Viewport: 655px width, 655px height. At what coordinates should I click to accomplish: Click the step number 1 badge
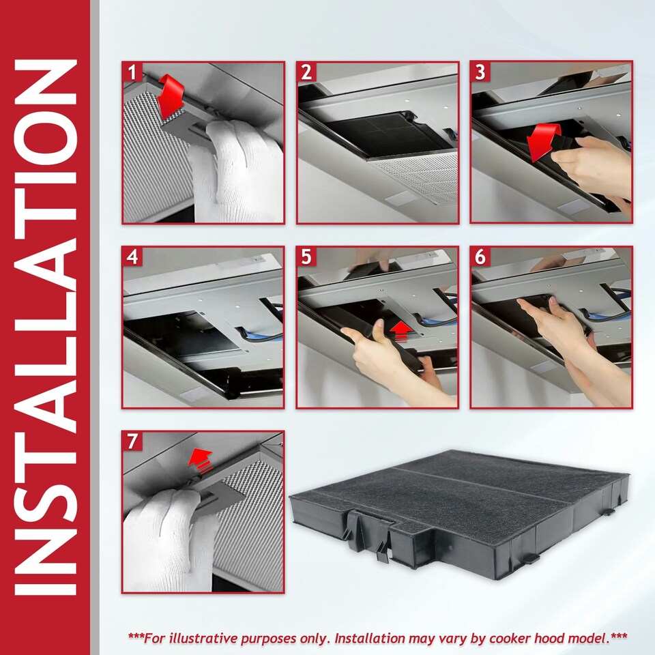(x=132, y=72)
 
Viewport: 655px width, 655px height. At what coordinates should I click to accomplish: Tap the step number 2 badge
(x=306, y=72)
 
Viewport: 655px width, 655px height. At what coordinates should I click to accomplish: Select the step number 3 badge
(x=480, y=72)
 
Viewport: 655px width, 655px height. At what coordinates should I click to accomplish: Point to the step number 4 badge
(x=132, y=257)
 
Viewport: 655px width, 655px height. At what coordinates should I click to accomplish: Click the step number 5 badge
(x=306, y=257)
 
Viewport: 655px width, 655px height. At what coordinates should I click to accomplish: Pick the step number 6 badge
(x=480, y=257)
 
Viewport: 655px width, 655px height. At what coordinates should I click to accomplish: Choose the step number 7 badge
(x=132, y=441)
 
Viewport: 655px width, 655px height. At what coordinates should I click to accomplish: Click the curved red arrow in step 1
(x=171, y=96)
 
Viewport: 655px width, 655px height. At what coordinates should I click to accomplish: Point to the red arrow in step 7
(x=201, y=461)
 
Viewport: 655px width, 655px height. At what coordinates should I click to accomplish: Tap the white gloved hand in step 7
(x=167, y=539)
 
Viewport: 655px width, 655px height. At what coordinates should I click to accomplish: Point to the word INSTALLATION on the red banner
(x=45, y=327)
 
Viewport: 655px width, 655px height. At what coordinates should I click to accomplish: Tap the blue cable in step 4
(x=262, y=334)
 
